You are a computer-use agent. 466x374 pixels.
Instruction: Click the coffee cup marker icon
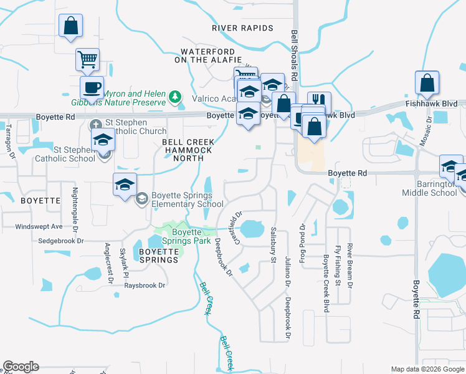92,87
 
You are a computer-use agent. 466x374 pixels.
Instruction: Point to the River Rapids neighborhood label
242,28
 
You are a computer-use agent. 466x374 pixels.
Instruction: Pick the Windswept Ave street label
39,226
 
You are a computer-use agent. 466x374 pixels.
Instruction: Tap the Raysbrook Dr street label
145,285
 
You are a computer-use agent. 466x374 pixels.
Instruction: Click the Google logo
21,367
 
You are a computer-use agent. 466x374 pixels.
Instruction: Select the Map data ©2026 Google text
427,369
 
